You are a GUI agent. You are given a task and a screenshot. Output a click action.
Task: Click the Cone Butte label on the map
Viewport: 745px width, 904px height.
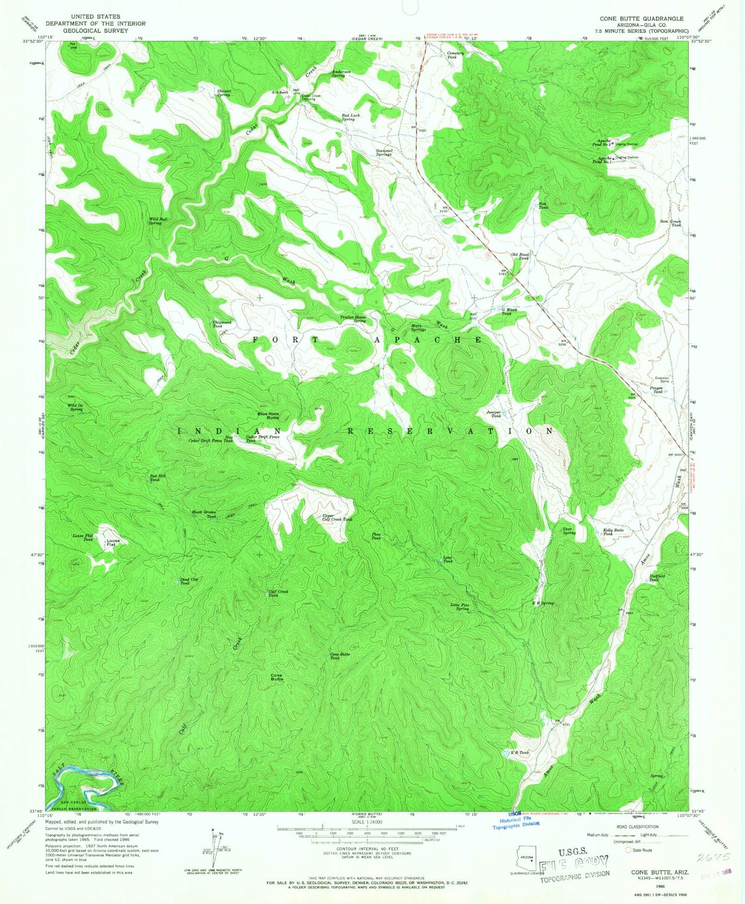click(277, 677)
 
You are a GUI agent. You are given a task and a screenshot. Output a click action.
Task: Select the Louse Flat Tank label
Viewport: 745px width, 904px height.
click(82, 538)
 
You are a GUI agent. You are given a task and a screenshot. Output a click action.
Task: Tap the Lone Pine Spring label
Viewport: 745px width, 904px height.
click(459, 607)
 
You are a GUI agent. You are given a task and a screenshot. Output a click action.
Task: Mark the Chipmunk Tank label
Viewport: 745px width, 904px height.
click(222, 324)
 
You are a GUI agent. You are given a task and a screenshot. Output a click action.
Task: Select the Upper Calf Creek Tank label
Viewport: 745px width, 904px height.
click(337, 517)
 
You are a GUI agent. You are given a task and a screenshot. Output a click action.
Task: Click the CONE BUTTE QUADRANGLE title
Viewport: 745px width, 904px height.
click(641, 19)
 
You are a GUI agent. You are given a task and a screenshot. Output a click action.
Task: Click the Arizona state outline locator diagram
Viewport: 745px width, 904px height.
click(525, 858)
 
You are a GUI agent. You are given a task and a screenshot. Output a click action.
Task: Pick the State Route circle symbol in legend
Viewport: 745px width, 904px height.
click(628, 850)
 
